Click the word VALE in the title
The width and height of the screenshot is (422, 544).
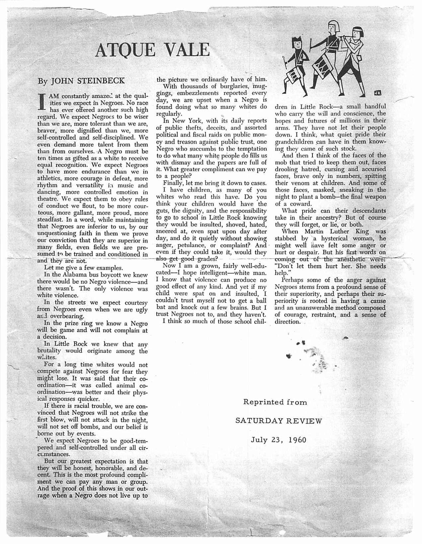tap(188, 50)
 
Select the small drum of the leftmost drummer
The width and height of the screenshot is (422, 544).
tap(294, 77)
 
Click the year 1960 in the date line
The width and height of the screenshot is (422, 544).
tap(297, 440)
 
